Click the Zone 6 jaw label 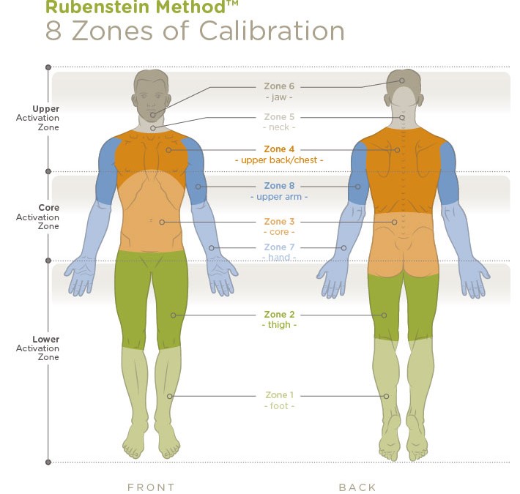point(279,91)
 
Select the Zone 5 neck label point(279,122)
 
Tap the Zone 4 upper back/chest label point(279,154)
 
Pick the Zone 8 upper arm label point(279,191)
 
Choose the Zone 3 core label point(279,227)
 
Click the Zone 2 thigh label point(279,319)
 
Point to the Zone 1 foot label point(279,400)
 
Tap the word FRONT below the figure point(151,487)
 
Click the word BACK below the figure point(357,487)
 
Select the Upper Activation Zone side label point(38,118)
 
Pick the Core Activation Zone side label point(38,217)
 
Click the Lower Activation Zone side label point(38,348)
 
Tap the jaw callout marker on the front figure point(152,115)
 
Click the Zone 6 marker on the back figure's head point(402,81)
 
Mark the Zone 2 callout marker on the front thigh point(173,315)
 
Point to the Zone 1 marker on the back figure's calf point(387,396)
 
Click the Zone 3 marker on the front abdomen point(162,222)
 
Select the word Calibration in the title point(272,31)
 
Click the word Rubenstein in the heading point(97,7)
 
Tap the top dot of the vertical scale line point(48,67)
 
